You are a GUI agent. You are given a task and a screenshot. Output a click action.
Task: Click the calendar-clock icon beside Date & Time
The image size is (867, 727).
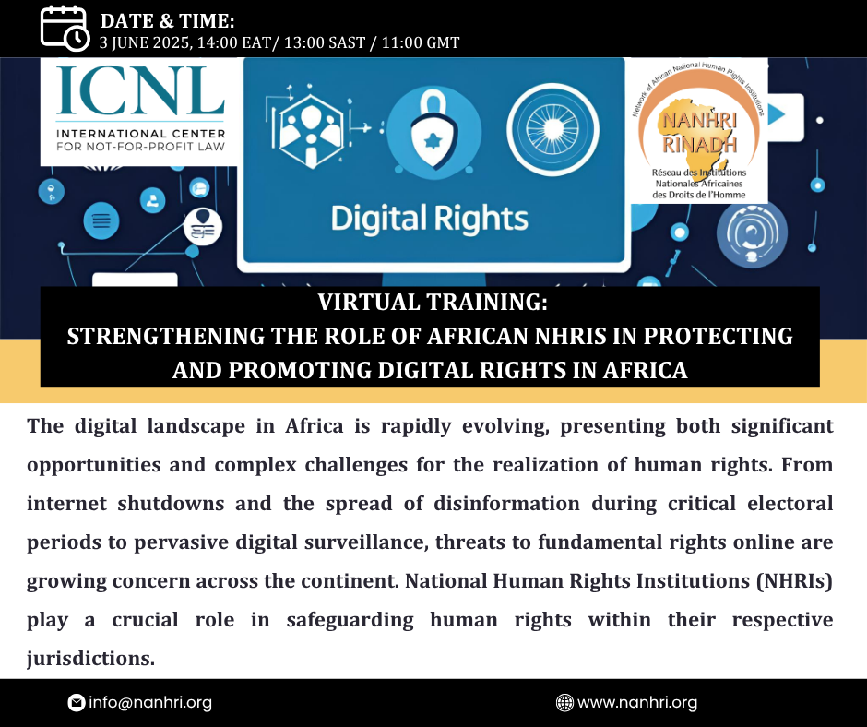[65, 29]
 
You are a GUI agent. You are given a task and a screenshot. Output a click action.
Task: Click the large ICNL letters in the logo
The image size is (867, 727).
[140, 90]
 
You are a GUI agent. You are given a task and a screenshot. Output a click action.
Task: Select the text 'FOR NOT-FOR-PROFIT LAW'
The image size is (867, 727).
[140, 147]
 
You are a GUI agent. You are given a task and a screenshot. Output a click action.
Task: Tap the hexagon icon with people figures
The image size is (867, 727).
[310, 132]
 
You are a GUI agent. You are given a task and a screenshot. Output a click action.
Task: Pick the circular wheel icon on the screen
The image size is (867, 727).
[552, 129]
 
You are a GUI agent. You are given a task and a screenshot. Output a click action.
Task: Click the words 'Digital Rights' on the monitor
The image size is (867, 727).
[429, 219]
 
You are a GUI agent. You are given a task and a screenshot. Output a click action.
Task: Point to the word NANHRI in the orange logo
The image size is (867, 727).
[699, 120]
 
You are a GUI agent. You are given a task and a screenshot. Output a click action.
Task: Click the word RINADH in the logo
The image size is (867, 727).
[699, 145]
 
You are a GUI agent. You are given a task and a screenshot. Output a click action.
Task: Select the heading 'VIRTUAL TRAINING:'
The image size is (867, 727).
[433, 302]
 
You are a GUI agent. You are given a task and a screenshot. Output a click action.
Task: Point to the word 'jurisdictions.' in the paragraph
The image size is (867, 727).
[90, 659]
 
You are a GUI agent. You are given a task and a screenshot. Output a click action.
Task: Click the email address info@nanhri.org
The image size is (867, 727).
[149, 703]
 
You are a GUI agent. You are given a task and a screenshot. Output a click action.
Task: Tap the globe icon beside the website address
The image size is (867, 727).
[564, 703]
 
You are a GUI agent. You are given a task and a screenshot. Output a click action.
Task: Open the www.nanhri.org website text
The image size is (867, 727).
[637, 703]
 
